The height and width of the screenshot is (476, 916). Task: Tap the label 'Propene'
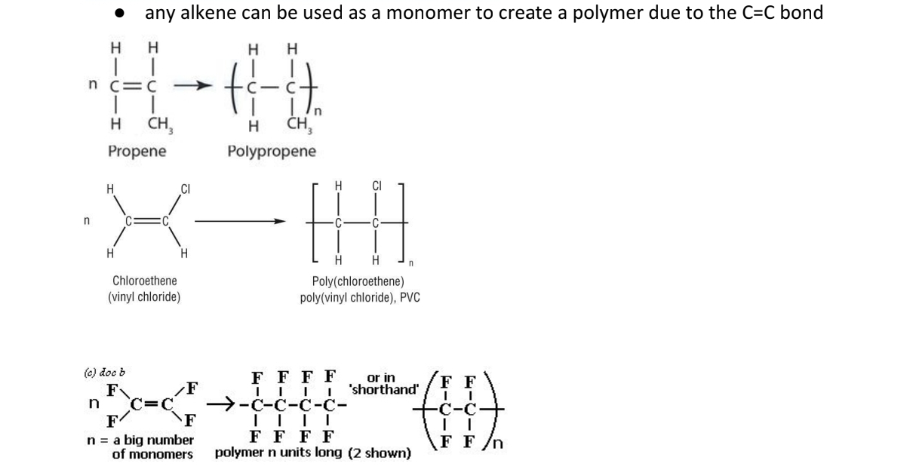pyautogui.click(x=137, y=151)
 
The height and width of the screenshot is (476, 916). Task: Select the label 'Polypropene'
pyautogui.click(x=272, y=151)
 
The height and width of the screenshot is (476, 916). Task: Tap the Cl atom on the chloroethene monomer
pyautogui.click(x=184, y=186)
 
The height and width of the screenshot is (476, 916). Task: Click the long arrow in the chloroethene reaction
pyautogui.click(x=242, y=222)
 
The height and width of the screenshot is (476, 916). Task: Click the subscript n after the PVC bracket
pyautogui.click(x=411, y=265)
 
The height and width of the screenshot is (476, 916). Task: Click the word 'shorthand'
pyautogui.click(x=383, y=389)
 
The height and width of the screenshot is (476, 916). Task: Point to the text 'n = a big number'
pyautogui.click(x=141, y=440)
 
